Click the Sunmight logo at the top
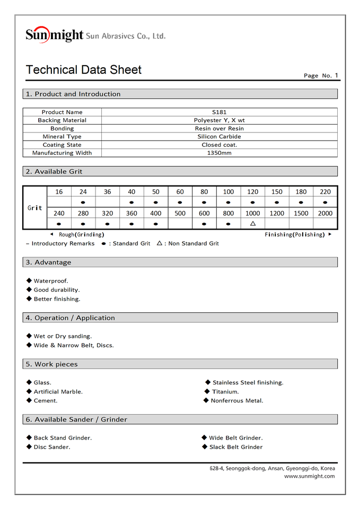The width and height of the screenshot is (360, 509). click(x=55, y=35)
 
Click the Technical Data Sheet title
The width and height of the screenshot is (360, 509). click(x=84, y=70)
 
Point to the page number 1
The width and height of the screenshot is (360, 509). click(x=336, y=75)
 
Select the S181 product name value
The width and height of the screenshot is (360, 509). click(x=219, y=112)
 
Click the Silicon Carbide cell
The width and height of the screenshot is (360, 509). click(x=219, y=137)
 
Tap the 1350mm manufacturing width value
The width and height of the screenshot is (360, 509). click(x=219, y=153)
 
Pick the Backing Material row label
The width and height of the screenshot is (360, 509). click(x=62, y=120)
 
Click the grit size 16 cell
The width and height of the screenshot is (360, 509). click(x=59, y=192)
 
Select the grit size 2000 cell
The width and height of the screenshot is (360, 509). click(x=325, y=213)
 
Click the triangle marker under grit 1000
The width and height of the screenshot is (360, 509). click(x=253, y=223)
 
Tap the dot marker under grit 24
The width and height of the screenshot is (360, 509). click(x=83, y=203)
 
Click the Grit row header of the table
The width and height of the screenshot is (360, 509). click(x=35, y=208)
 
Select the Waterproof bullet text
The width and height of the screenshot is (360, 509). click(x=51, y=281)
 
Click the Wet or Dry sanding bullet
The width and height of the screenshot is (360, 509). click(x=63, y=336)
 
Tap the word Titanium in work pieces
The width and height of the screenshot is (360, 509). click(x=225, y=392)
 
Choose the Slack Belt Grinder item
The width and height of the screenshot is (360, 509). click(x=236, y=447)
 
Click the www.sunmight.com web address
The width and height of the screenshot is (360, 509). click(x=309, y=476)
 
